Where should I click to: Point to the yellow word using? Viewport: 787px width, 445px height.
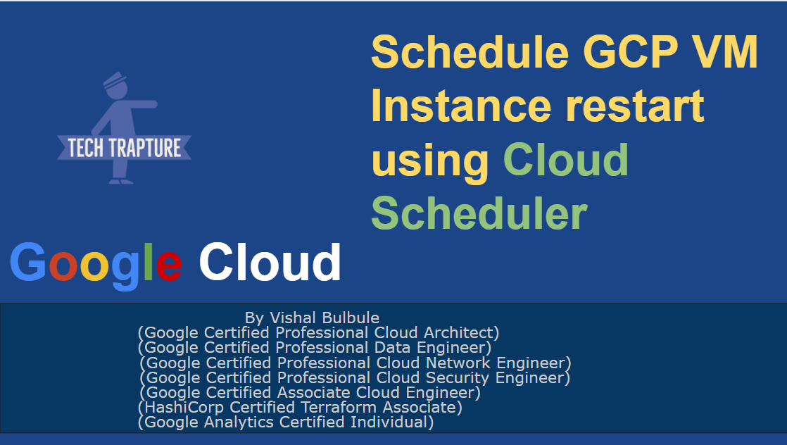430,161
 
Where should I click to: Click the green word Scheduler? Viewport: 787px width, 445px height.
479,212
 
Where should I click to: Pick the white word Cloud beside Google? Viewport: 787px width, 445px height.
270,261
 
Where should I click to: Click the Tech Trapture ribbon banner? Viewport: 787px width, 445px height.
125,148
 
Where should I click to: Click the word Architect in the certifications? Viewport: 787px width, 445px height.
460,332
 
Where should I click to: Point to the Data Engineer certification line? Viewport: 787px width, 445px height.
315,347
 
